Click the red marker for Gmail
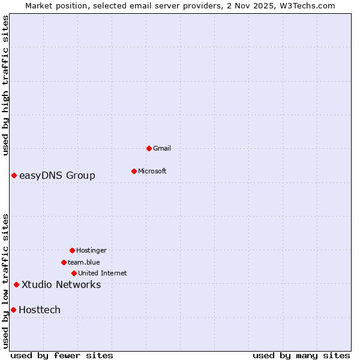(149, 148)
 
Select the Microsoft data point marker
(134, 171)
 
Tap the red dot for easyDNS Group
(14, 175)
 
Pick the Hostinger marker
(72, 250)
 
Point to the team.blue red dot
(64, 262)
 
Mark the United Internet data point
(74, 273)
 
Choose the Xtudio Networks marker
(16, 284)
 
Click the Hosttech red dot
(13, 310)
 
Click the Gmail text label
(162, 148)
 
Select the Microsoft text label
(152, 171)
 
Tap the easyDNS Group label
(57, 175)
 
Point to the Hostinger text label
(91, 250)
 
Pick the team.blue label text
(84, 262)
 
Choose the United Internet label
(103, 273)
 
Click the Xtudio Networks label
(61, 284)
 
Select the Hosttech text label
(40, 310)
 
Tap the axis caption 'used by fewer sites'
(62, 355)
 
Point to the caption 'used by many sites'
(301, 355)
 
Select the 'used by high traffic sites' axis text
(5, 85)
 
